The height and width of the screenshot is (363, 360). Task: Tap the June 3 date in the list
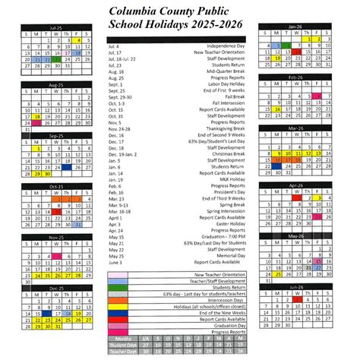(x=115, y=262)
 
